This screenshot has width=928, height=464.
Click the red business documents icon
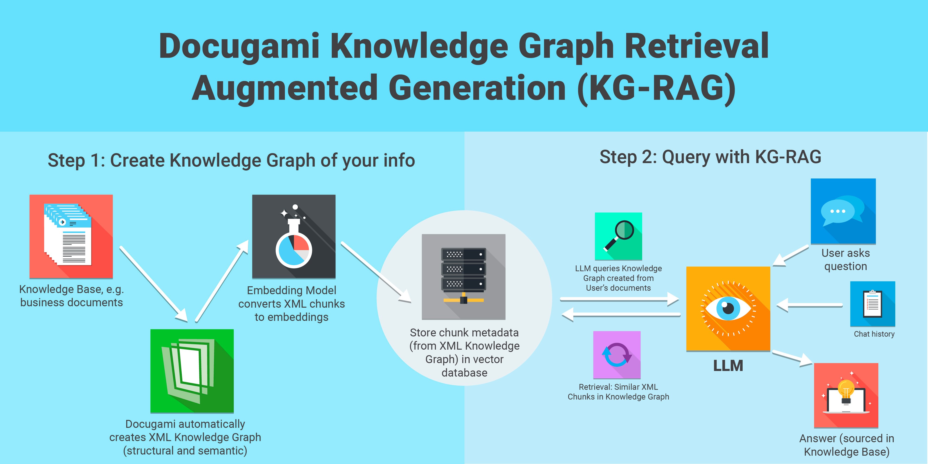[x=71, y=236]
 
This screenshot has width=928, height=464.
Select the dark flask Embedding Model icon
[x=294, y=236]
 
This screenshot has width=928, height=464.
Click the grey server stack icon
[x=464, y=276]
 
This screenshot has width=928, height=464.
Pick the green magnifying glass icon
[x=618, y=236]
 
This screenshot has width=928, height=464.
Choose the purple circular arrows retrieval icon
[x=617, y=355]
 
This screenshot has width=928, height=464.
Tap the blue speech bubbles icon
[x=843, y=211]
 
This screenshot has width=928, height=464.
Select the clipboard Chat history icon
[x=873, y=304]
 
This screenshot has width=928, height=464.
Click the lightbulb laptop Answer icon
[x=846, y=395]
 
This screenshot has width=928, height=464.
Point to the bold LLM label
[x=728, y=366]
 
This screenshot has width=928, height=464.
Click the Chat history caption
[x=874, y=334]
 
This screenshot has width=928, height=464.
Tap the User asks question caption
[x=845, y=259]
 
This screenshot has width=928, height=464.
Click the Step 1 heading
[x=231, y=160]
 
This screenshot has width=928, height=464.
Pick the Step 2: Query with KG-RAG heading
[x=710, y=157]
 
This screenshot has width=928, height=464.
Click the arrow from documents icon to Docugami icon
[x=153, y=283]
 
